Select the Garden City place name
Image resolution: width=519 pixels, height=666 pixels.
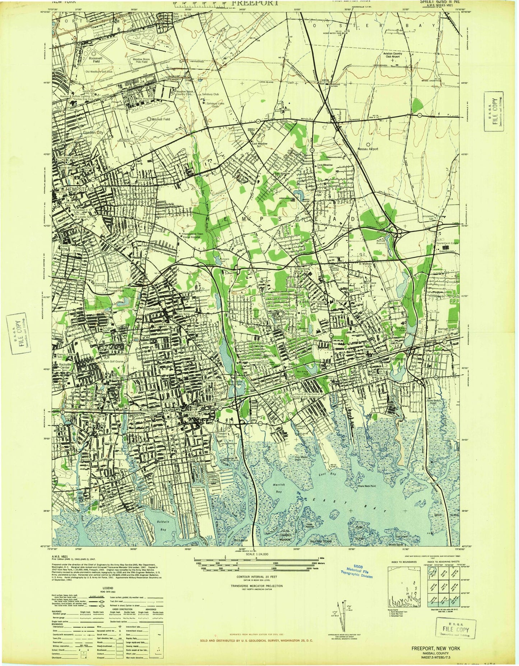93,132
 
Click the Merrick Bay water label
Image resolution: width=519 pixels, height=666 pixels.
277,487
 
